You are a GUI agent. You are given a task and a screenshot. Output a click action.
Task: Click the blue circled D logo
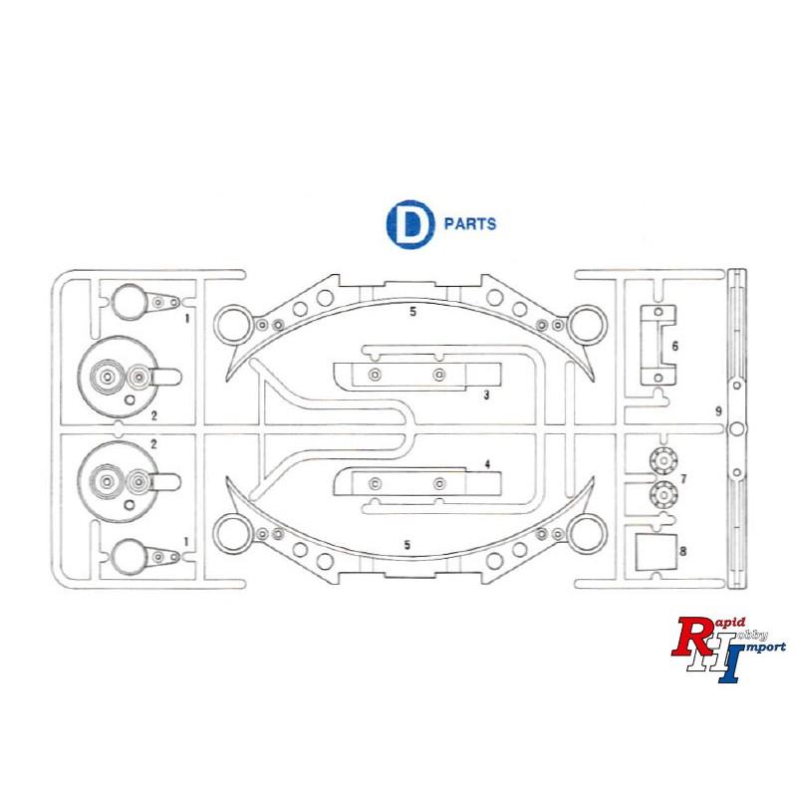(410, 224)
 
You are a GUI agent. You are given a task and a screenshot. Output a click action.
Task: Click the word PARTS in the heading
(470, 224)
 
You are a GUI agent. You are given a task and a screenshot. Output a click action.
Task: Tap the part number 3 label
(486, 395)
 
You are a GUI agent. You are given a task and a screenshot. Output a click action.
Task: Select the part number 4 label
(487, 464)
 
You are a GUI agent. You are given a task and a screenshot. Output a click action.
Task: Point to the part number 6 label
(675, 346)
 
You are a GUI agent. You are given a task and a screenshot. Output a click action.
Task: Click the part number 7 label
(683, 479)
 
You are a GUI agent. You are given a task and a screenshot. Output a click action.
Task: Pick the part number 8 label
(682, 551)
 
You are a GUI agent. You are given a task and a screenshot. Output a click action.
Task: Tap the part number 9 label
(718, 411)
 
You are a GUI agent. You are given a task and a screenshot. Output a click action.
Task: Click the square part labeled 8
(657, 552)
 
